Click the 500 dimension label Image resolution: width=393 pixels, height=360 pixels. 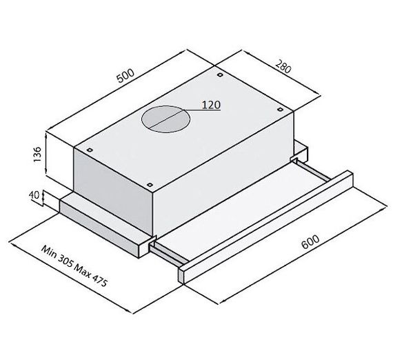point(126,75)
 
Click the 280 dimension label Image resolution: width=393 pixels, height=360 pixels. point(283,66)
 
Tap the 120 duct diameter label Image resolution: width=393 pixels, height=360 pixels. point(211,105)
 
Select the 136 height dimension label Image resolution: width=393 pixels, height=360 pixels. point(37,154)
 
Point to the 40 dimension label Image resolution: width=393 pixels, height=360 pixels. point(34,194)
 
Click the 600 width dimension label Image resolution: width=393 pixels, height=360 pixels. point(310,241)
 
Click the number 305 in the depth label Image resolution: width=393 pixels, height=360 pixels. point(65,261)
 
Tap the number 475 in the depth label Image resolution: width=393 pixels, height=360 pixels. point(99,281)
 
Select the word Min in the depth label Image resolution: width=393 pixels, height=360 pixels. point(48,251)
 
